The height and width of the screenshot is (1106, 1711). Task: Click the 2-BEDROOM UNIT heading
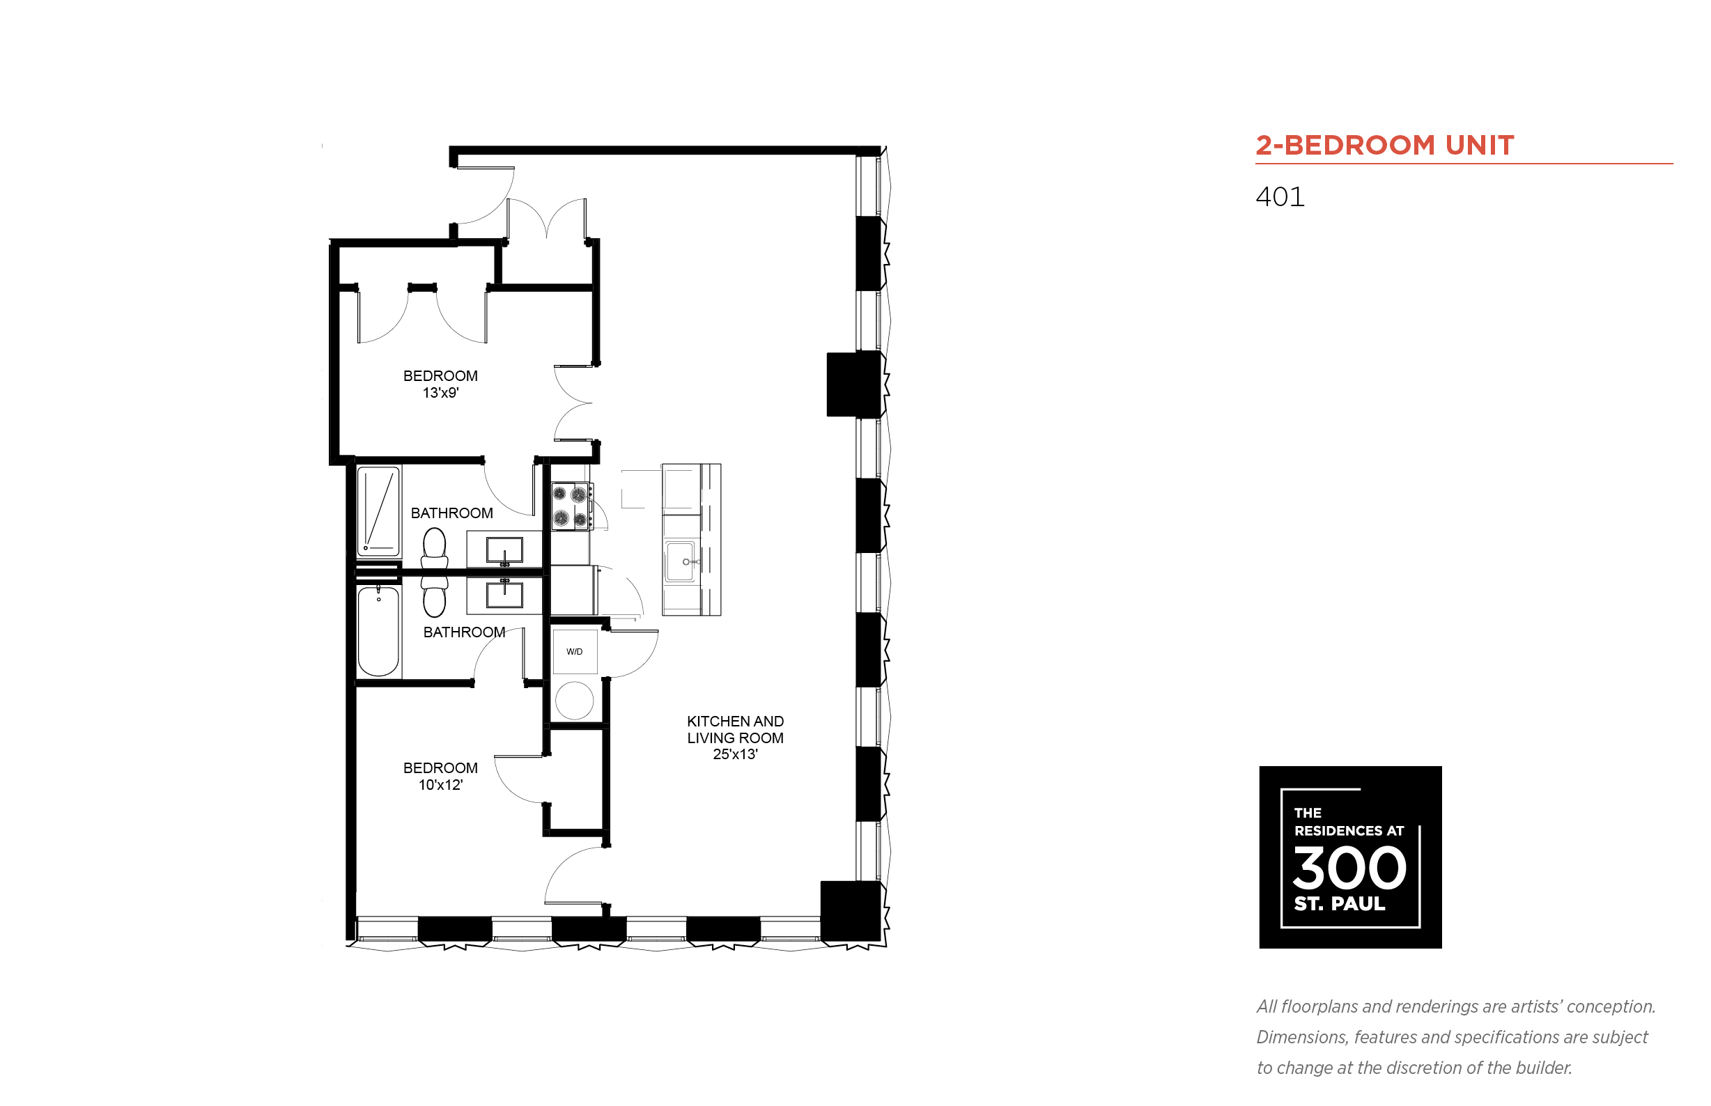click(1384, 145)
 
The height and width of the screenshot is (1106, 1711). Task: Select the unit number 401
click(1279, 197)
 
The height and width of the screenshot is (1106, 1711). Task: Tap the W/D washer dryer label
click(574, 651)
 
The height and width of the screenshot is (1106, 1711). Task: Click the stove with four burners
click(572, 506)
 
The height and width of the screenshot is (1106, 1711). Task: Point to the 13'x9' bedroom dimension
click(440, 393)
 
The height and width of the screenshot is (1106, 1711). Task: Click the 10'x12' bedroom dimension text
click(440, 785)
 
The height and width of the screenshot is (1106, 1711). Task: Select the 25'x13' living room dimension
click(735, 754)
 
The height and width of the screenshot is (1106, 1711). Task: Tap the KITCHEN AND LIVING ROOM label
click(735, 729)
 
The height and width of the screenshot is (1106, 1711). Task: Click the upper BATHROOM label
click(452, 513)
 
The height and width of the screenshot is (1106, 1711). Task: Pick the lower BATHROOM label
click(464, 632)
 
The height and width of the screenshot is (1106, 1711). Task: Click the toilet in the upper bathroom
click(434, 548)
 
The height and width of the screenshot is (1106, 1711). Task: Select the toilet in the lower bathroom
click(434, 597)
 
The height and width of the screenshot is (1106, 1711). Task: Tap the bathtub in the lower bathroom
click(378, 630)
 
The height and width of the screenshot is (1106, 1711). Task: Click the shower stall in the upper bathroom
click(378, 511)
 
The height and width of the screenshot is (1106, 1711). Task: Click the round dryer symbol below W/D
click(574, 700)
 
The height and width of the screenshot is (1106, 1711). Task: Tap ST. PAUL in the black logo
click(1339, 903)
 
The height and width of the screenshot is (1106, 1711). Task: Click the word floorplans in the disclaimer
click(1319, 1007)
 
